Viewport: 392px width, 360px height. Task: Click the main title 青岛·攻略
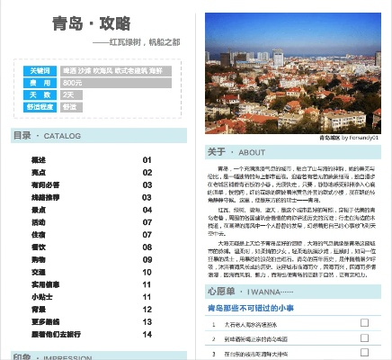point(92,22)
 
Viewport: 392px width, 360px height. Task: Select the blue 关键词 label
point(40,70)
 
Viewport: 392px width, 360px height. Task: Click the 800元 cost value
point(73,82)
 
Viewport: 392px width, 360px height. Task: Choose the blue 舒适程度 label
point(40,105)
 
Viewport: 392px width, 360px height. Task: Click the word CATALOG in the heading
point(63,136)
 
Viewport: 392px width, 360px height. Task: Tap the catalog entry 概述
point(39,160)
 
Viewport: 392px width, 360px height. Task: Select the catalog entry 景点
point(39,172)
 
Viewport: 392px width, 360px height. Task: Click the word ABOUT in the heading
point(252,152)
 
